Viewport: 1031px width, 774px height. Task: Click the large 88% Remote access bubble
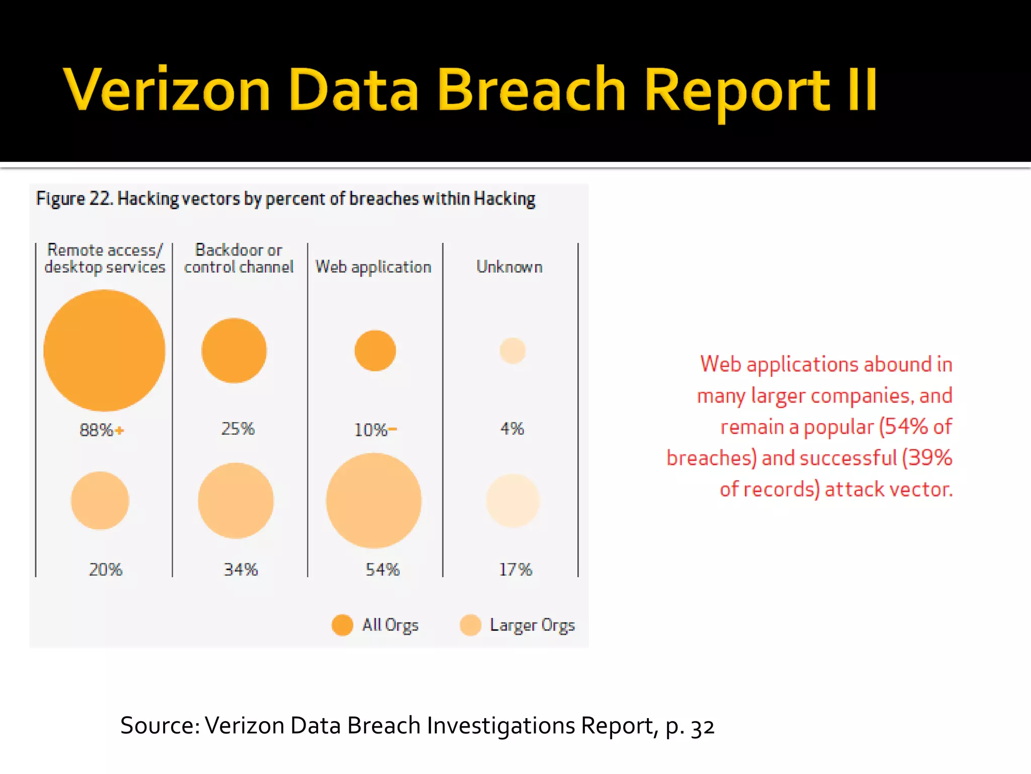(x=104, y=351)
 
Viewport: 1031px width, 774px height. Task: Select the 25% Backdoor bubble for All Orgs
(x=234, y=351)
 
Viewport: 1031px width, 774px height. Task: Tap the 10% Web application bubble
(x=375, y=351)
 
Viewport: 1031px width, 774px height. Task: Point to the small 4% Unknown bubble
(x=512, y=351)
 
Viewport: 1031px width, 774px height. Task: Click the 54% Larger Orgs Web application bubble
(x=374, y=500)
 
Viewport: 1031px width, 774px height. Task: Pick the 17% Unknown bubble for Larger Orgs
(x=512, y=500)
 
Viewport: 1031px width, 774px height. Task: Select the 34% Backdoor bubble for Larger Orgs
(x=236, y=500)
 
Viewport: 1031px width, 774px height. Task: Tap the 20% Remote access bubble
(x=100, y=500)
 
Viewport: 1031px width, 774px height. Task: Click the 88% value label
(x=97, y=430)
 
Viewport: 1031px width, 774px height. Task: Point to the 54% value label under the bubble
(x=383, y=569)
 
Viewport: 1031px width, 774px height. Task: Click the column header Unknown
(x=509, y=267)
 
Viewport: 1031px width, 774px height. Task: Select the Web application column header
(x=373, y=267)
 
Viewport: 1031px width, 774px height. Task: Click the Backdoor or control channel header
(x=239, y=258)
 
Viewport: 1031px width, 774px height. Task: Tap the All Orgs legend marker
(x=342, y=625)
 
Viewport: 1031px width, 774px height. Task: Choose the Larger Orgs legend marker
(x=471, y=625)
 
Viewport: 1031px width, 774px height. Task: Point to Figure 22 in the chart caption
(x=73, y=199)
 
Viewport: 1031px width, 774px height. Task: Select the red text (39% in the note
(x=927, y=458)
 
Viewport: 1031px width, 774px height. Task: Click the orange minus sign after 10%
(x=393, y=429)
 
